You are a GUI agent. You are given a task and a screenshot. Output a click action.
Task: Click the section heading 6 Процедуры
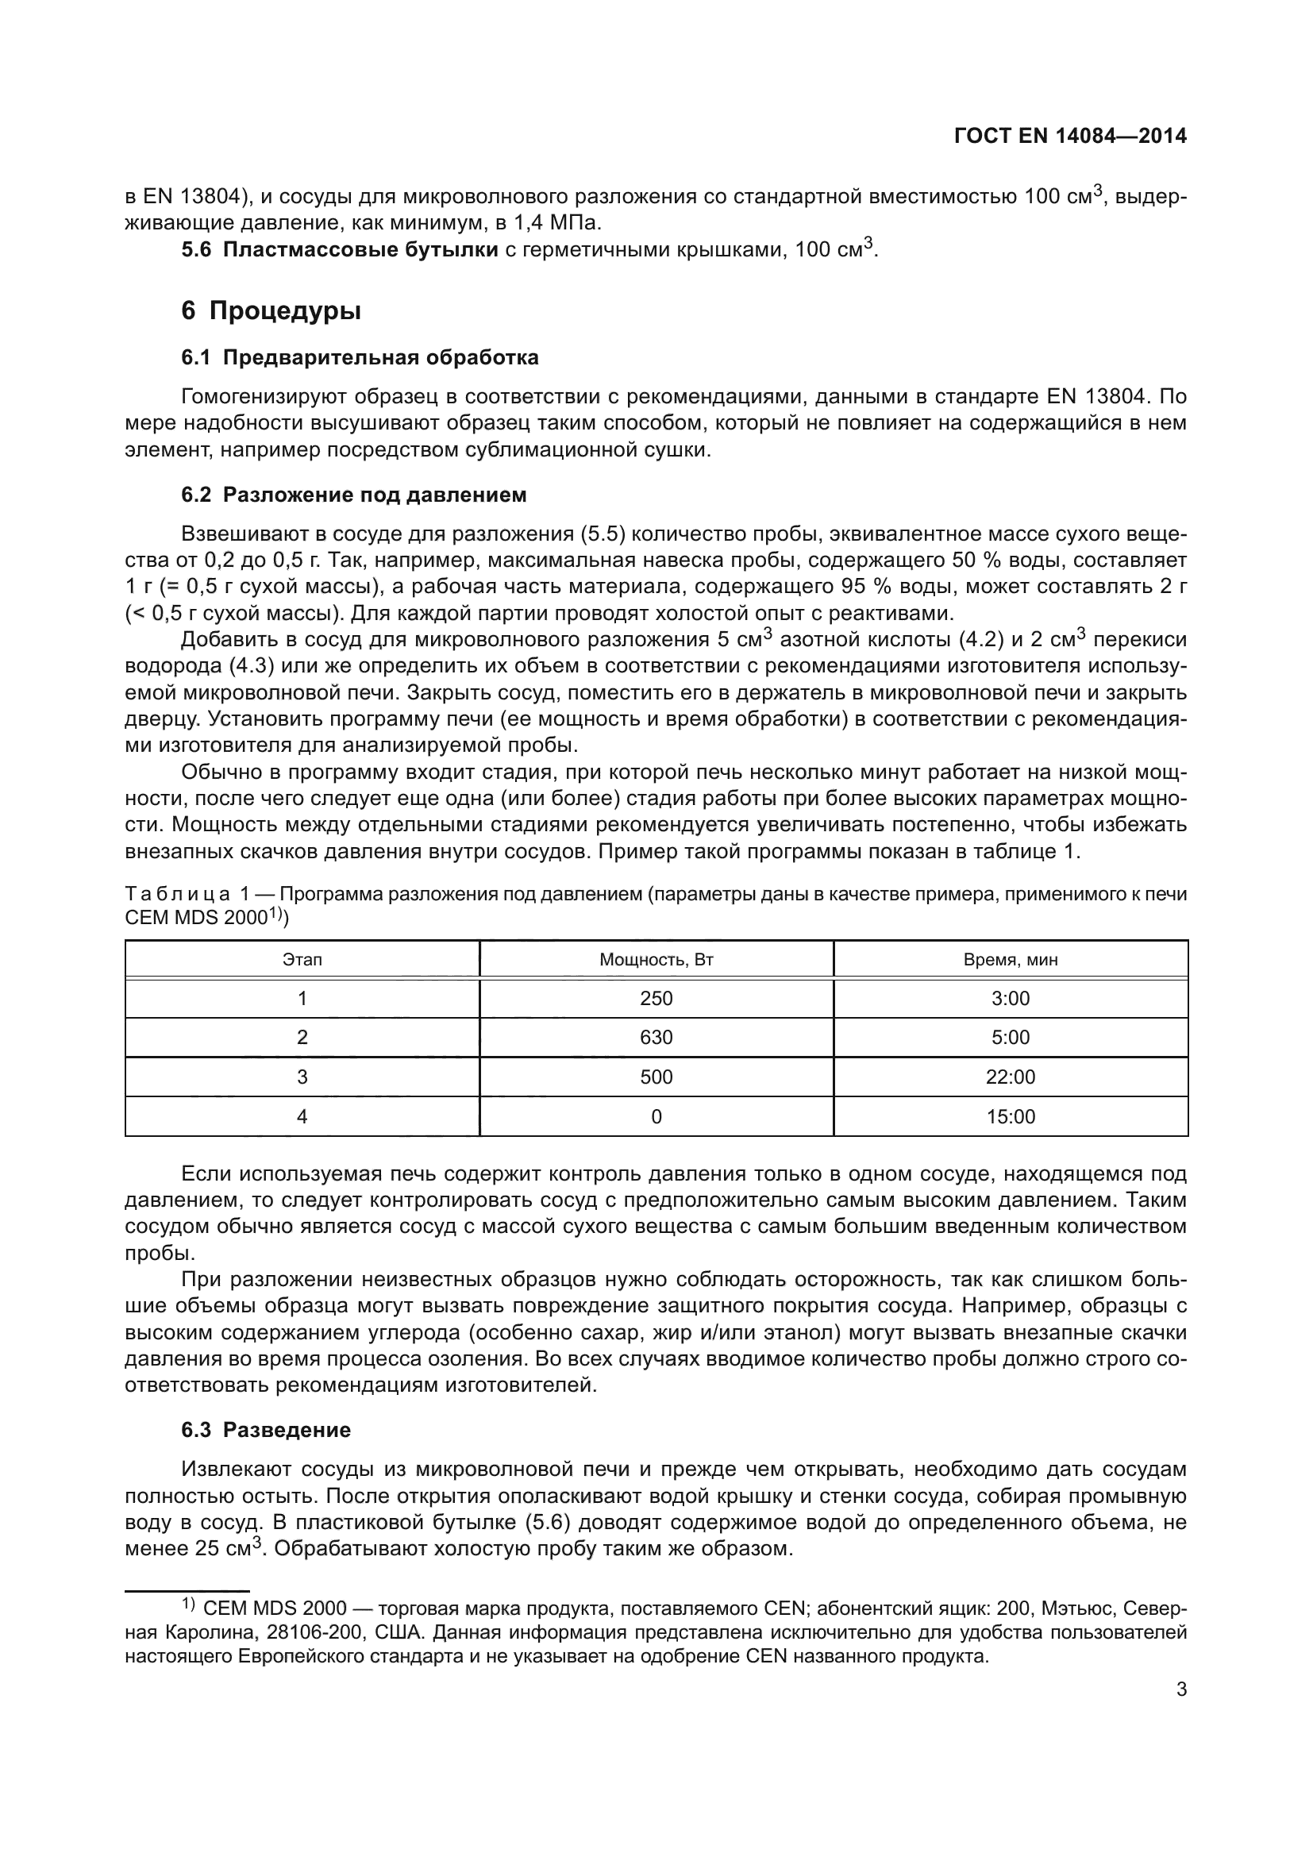tap(271, 310)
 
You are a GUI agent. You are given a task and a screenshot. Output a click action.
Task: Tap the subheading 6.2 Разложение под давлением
tap(353, 495)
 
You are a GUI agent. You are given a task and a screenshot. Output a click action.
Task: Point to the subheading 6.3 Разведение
tap(266, 1430)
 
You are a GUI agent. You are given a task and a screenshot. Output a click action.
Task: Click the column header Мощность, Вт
tap(656, 960)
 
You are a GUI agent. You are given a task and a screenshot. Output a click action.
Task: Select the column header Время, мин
tap(1010, 960)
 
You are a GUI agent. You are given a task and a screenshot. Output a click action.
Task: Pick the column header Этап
tap(302, 960)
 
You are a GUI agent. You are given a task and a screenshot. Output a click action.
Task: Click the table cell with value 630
tap(656, 1038)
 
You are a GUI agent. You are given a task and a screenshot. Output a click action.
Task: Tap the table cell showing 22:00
tap(1010, 1077)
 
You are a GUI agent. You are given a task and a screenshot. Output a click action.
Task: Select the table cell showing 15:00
tap(1010, 1117)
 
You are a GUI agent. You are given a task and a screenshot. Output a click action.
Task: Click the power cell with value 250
tap(656, 999)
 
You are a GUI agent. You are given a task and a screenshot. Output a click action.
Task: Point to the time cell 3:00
tap(1010, 999)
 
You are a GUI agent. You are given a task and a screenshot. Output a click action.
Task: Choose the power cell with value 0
tap(656, 1117)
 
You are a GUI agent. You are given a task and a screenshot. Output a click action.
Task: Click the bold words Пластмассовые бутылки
tap(360, 250)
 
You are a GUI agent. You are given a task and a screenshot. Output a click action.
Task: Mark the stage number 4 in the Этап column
tap(302, 1117)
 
